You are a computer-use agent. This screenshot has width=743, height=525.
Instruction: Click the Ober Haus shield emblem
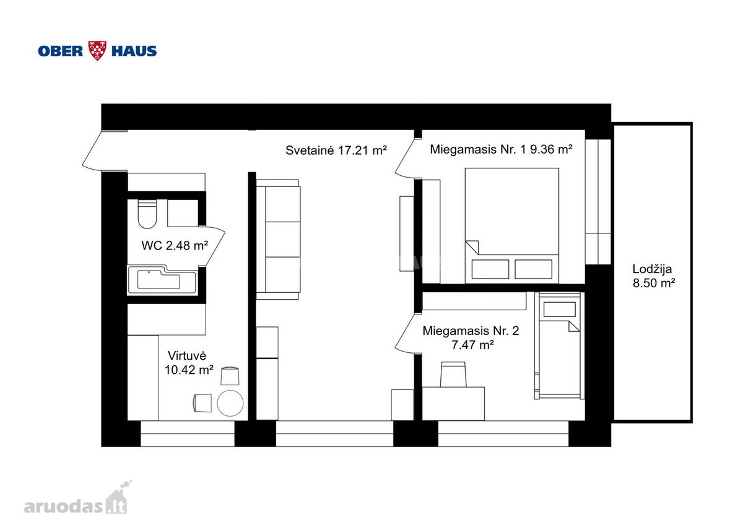(x=97, y=50)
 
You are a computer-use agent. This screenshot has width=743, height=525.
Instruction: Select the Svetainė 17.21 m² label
(x=336, y=150)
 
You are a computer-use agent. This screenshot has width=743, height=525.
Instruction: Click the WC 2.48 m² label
(x=175, y=245)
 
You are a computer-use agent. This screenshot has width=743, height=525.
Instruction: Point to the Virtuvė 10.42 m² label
(x=189, y=363)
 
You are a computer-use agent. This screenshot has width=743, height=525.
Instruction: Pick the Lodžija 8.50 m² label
(x=654, y=276)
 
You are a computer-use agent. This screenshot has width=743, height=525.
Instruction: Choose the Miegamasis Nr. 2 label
(x=471, y=337)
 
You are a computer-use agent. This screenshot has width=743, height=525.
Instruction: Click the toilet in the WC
(x=147, y=214)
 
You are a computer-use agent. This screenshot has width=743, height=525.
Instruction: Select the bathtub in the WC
(x=162, y=279)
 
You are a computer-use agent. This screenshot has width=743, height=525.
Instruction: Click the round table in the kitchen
(x=230, y=403)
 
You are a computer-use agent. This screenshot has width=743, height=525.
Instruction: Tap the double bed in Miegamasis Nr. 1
(x=512, y=225)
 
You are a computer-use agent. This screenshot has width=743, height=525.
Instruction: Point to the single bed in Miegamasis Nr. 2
(x=559, y=345)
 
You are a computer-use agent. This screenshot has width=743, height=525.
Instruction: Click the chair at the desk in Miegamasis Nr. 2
(x=453, y=374)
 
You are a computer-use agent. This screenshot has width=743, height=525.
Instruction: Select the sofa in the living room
(x=278, y=240)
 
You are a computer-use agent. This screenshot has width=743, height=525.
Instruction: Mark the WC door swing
(x=212, y=246)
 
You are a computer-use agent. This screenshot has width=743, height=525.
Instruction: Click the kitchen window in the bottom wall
(x=188, y=433)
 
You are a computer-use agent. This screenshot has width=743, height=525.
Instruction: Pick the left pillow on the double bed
(x=490, y=269)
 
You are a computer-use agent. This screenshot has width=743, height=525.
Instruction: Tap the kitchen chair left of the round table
(x=202, y=402)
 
